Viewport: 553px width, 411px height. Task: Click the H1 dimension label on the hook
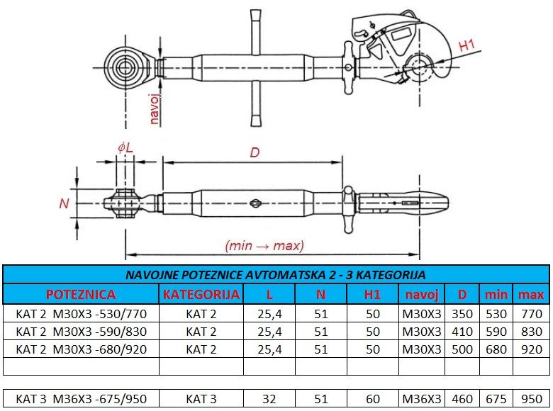tap(467, 45)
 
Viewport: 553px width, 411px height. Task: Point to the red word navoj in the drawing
tap(155, 109)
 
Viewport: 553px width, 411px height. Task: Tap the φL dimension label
tap(125, 147)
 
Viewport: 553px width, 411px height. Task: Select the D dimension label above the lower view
tap(255, 152)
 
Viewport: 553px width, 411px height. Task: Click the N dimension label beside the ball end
tap(65, 203)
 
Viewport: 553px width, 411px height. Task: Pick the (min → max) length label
tap(264, 245)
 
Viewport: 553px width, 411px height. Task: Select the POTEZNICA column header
tap(81, 294)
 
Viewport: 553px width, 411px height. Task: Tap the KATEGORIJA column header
tap(201, 294)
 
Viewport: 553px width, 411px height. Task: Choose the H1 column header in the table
tap(372, 294)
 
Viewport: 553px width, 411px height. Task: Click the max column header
tap(531, 294)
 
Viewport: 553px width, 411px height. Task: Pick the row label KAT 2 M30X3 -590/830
tap(81, 332)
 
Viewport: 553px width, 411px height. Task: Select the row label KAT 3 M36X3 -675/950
tap(81, 399)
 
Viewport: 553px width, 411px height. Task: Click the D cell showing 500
tap(462, 349)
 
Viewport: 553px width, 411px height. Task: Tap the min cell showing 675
tap(496, 399)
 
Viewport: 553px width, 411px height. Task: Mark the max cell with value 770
tap(532, 314)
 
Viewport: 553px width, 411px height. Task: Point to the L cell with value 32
tap(269, 399)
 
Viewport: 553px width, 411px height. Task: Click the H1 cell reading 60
tap(373, 399)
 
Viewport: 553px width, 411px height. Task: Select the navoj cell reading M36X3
tap(422, 399)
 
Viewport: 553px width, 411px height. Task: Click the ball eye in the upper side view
tap(124, 68)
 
